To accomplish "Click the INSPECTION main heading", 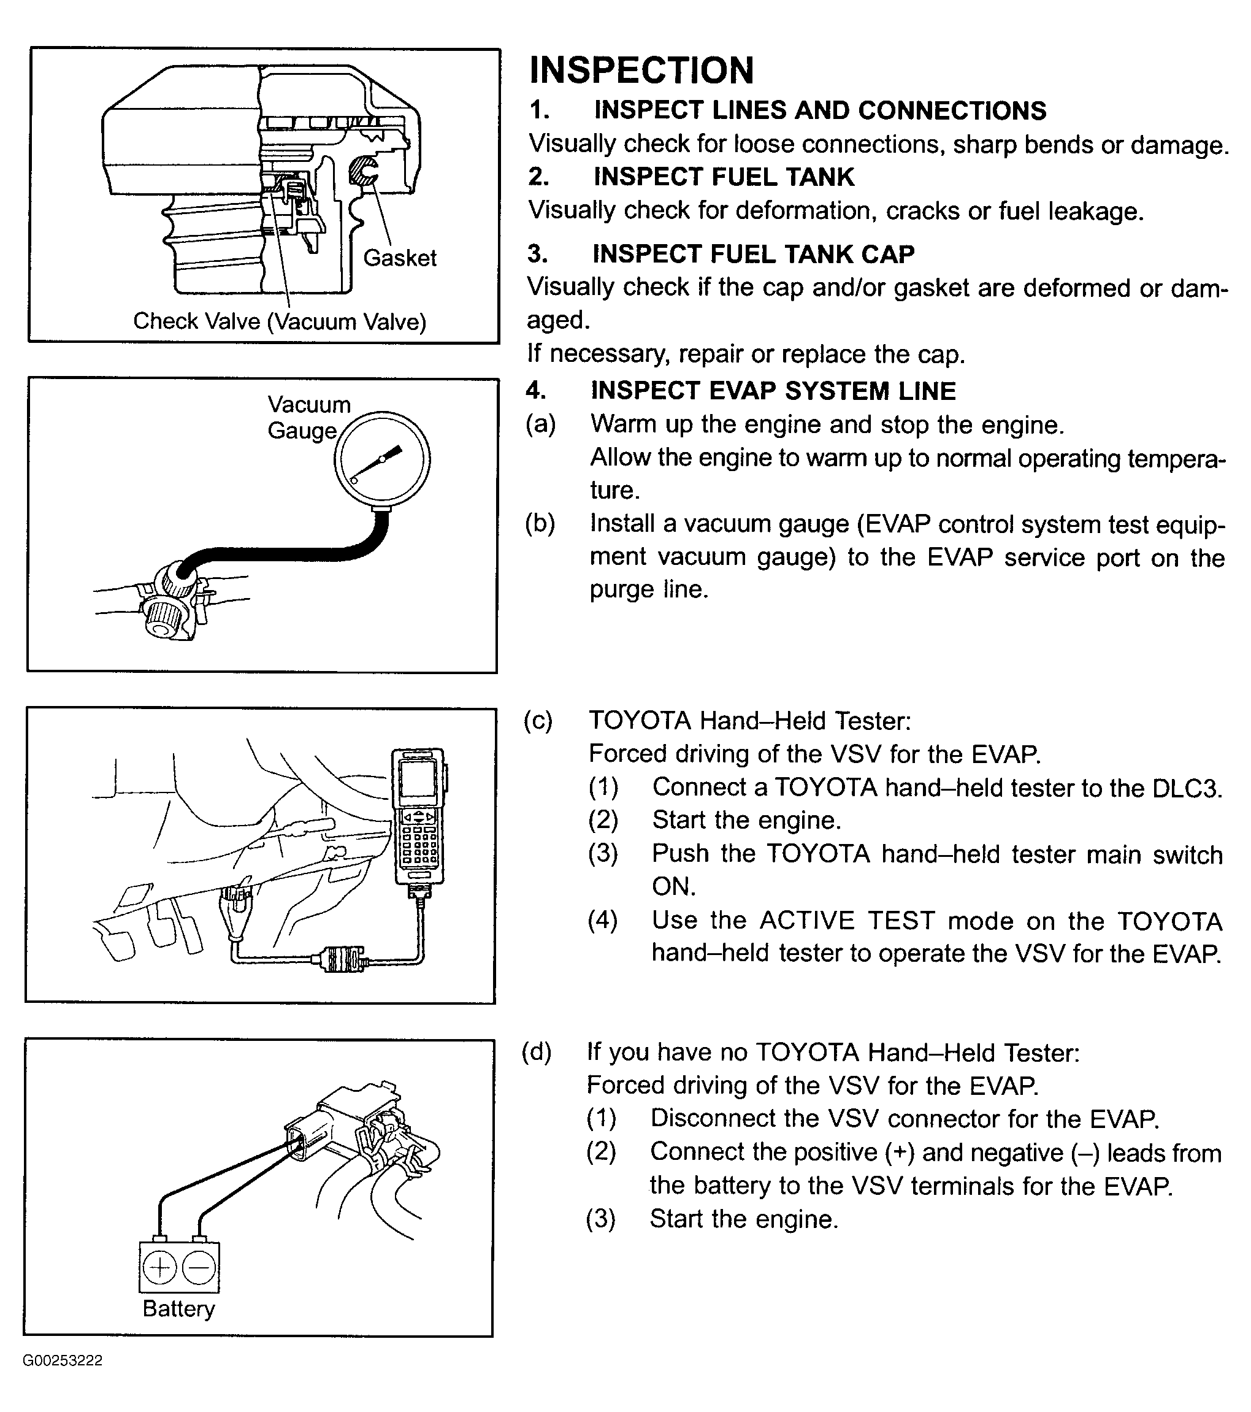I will pos(641,71).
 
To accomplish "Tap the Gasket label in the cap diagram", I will pos(399,258).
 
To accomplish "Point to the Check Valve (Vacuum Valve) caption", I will pos(279,321).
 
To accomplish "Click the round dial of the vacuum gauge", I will pos(382,459).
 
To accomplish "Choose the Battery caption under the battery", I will pos(178,1308).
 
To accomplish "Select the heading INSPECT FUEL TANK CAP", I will pos(753,254).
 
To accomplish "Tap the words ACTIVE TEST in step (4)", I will pos(847,921).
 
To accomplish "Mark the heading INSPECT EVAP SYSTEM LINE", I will pos(773,391).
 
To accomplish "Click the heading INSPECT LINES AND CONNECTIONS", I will pos(820,110).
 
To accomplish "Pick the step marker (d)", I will pos(537,1051).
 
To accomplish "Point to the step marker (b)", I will pos(540,524).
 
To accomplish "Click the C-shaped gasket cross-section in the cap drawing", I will pos(361,171).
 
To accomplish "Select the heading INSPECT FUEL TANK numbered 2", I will pos(724,177).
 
